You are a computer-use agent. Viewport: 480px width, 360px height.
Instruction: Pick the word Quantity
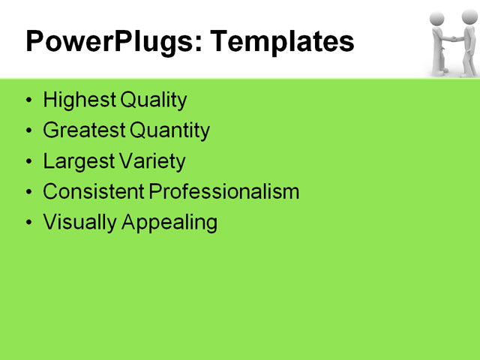pos(169,130)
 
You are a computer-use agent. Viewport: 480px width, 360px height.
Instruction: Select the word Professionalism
pos(223,192)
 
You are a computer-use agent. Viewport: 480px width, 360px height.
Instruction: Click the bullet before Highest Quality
pos(28,100)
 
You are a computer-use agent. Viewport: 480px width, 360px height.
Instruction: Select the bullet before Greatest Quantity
pos(28,131)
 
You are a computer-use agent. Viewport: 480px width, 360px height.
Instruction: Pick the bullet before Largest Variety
pos(28,162)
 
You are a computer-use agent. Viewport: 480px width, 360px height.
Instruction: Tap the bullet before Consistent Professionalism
pos(28,193)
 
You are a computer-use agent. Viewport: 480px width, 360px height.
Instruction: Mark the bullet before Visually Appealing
pos(28,223)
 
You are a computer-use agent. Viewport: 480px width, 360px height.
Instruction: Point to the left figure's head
pos(439,19)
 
